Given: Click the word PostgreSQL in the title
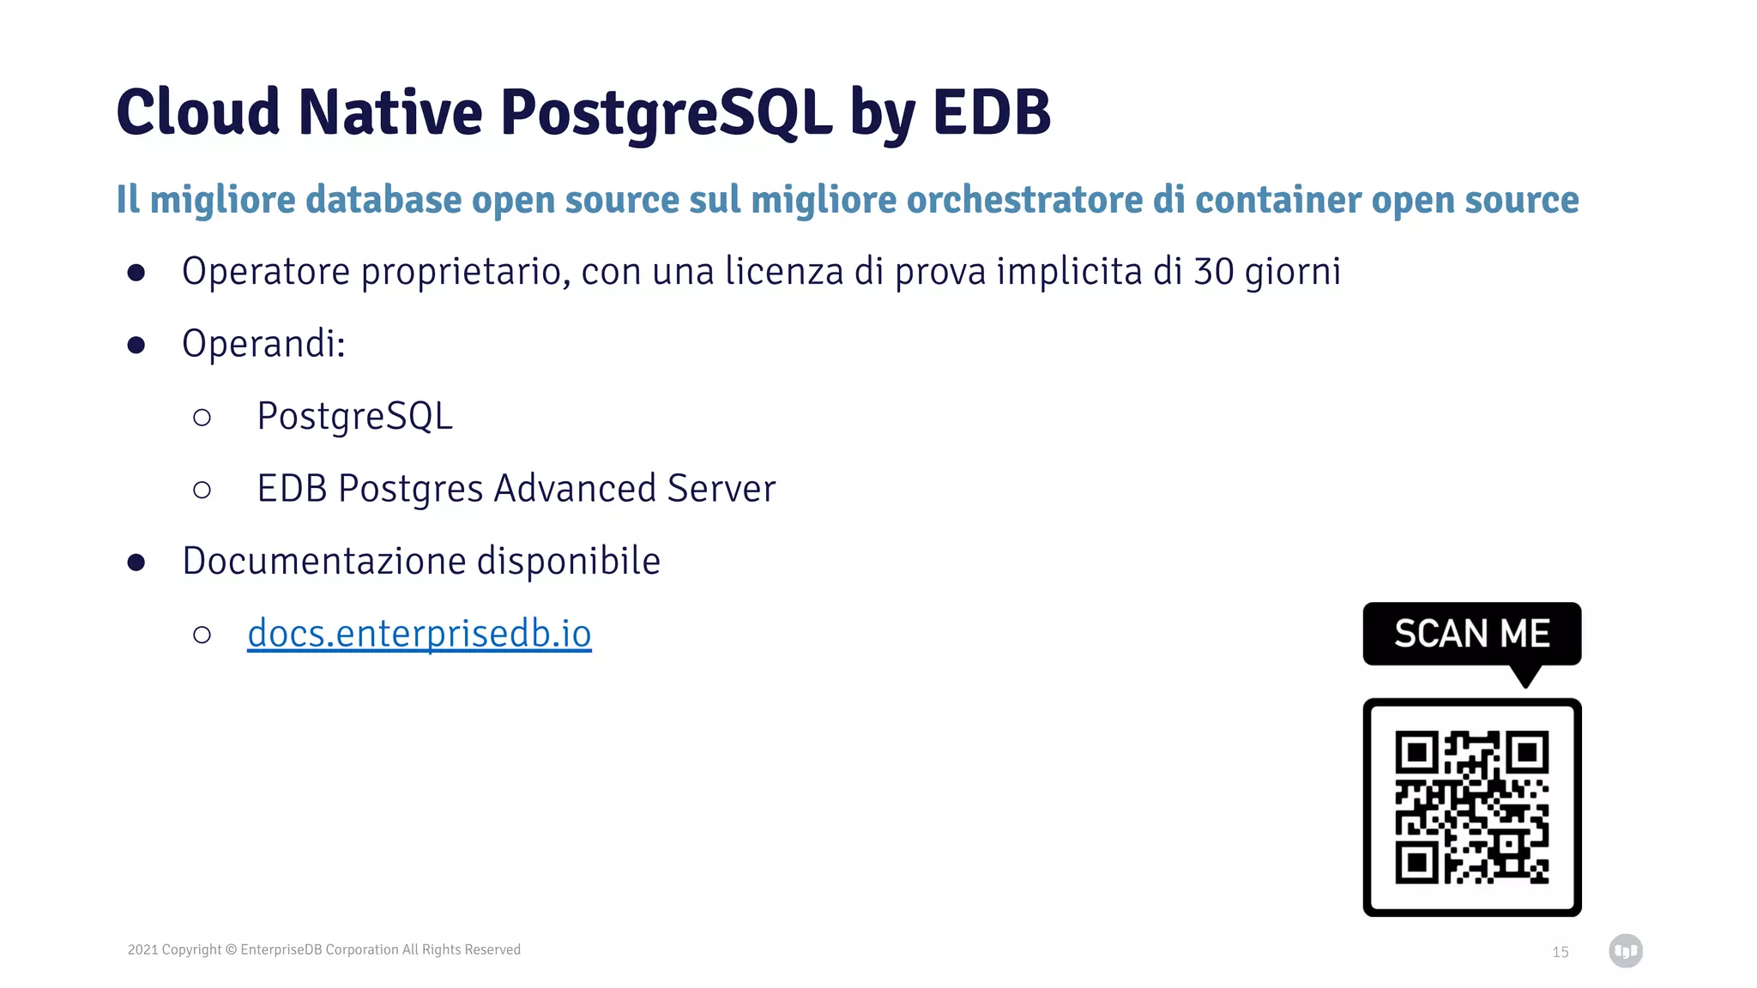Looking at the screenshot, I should point(666,113).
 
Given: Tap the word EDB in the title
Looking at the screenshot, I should point(991,113).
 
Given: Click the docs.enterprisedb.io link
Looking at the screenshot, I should point(420,634).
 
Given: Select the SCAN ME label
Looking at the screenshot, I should point(1471,634).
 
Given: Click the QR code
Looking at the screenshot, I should point(1471,807).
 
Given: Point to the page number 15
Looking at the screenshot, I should point(1560,952).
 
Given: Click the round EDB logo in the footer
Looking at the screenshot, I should point(1625,950).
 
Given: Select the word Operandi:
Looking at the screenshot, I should point(263,344).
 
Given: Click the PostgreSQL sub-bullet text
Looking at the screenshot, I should point(354,417).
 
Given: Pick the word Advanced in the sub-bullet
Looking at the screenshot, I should point(575,489).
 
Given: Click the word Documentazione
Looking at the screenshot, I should point(323,562).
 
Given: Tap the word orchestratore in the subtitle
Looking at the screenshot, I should point(1024,200).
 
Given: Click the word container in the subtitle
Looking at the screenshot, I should point(1277,200).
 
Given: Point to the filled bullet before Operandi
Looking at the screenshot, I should point(136,345).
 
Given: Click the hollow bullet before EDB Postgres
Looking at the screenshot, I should point(202,490).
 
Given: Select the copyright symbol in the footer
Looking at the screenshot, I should point(231,949).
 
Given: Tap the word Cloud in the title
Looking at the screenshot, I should point(198,113).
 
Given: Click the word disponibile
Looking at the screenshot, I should point(568,562).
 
